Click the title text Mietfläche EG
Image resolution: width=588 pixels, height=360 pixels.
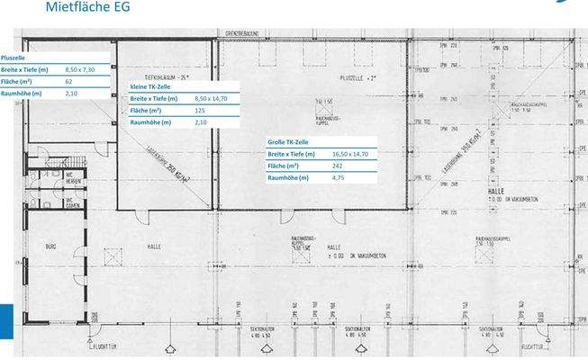[x=86, y=7]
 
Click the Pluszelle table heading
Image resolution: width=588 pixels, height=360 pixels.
[x=14, y=58]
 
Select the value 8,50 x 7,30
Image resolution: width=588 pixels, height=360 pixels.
[x=80, y=69]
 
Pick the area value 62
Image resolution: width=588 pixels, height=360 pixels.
[x=69, y=81]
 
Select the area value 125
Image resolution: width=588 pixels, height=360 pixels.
[x=200, y=110]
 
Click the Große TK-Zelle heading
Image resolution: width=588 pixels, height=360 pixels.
[x=287, y=142]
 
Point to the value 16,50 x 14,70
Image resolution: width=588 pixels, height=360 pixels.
[x=350, y=154]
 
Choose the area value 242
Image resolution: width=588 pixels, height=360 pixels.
[x=339, y=166]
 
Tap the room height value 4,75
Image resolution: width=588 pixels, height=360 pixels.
[x=339, y=177]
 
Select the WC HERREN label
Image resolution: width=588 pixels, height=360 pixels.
[x=74, y=178]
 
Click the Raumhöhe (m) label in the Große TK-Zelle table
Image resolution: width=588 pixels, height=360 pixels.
[x=288, y=177]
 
